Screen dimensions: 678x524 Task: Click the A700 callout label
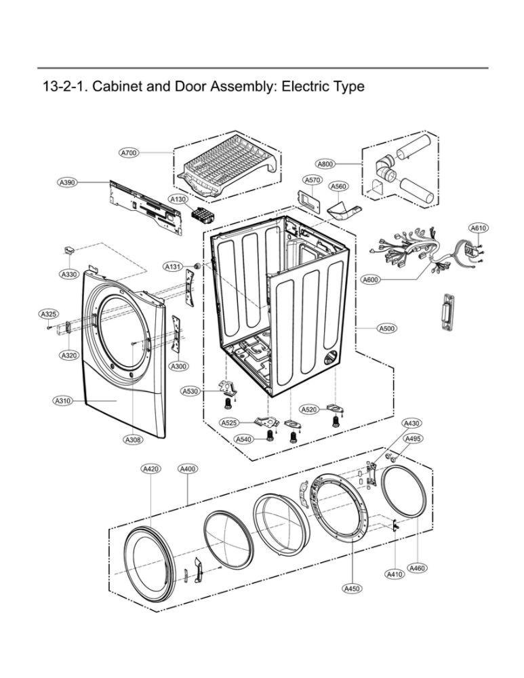click(x=129, y=153)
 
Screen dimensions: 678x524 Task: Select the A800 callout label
click(x=325, y=163)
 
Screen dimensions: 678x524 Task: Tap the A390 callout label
click(x=67, y=182)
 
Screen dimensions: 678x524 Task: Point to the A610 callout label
click(x=479, y=228)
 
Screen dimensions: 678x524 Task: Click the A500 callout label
click(x=386, y=328)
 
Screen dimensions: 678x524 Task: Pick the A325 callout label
click(x=49, y=314)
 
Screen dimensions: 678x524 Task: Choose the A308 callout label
click(x=133, y=440)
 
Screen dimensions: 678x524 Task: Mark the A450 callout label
click(x=352, y=589)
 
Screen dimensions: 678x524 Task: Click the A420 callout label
click(x=150, y=468)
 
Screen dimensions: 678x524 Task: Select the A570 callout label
click(x=313, y=180)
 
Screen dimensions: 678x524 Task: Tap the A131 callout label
click(x=173, y=267)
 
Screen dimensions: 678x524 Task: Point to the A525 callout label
click(x=229, y=423)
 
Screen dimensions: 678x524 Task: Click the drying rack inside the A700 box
click(x=226, y=169)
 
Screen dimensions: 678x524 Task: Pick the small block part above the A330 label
click(x=69, y=251)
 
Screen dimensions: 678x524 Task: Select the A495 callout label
click(x=414, y=439)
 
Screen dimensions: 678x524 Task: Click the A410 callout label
click(x=395, y=574)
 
